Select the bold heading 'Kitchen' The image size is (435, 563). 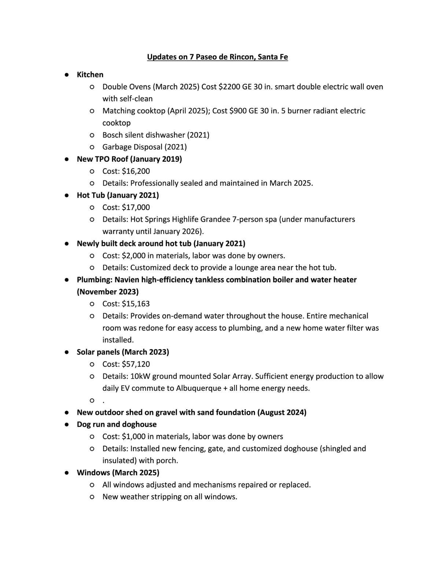pos(90,74)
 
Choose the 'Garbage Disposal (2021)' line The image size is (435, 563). pos(144,147)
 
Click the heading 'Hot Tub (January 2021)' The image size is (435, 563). pos(118,195)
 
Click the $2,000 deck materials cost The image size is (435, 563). pos(134,255)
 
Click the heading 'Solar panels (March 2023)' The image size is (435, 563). pos(123,352)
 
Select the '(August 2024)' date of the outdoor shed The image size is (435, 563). pos(282,412)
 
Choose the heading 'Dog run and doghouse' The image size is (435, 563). pos(117,424)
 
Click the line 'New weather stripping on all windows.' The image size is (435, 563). pos(170,497)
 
